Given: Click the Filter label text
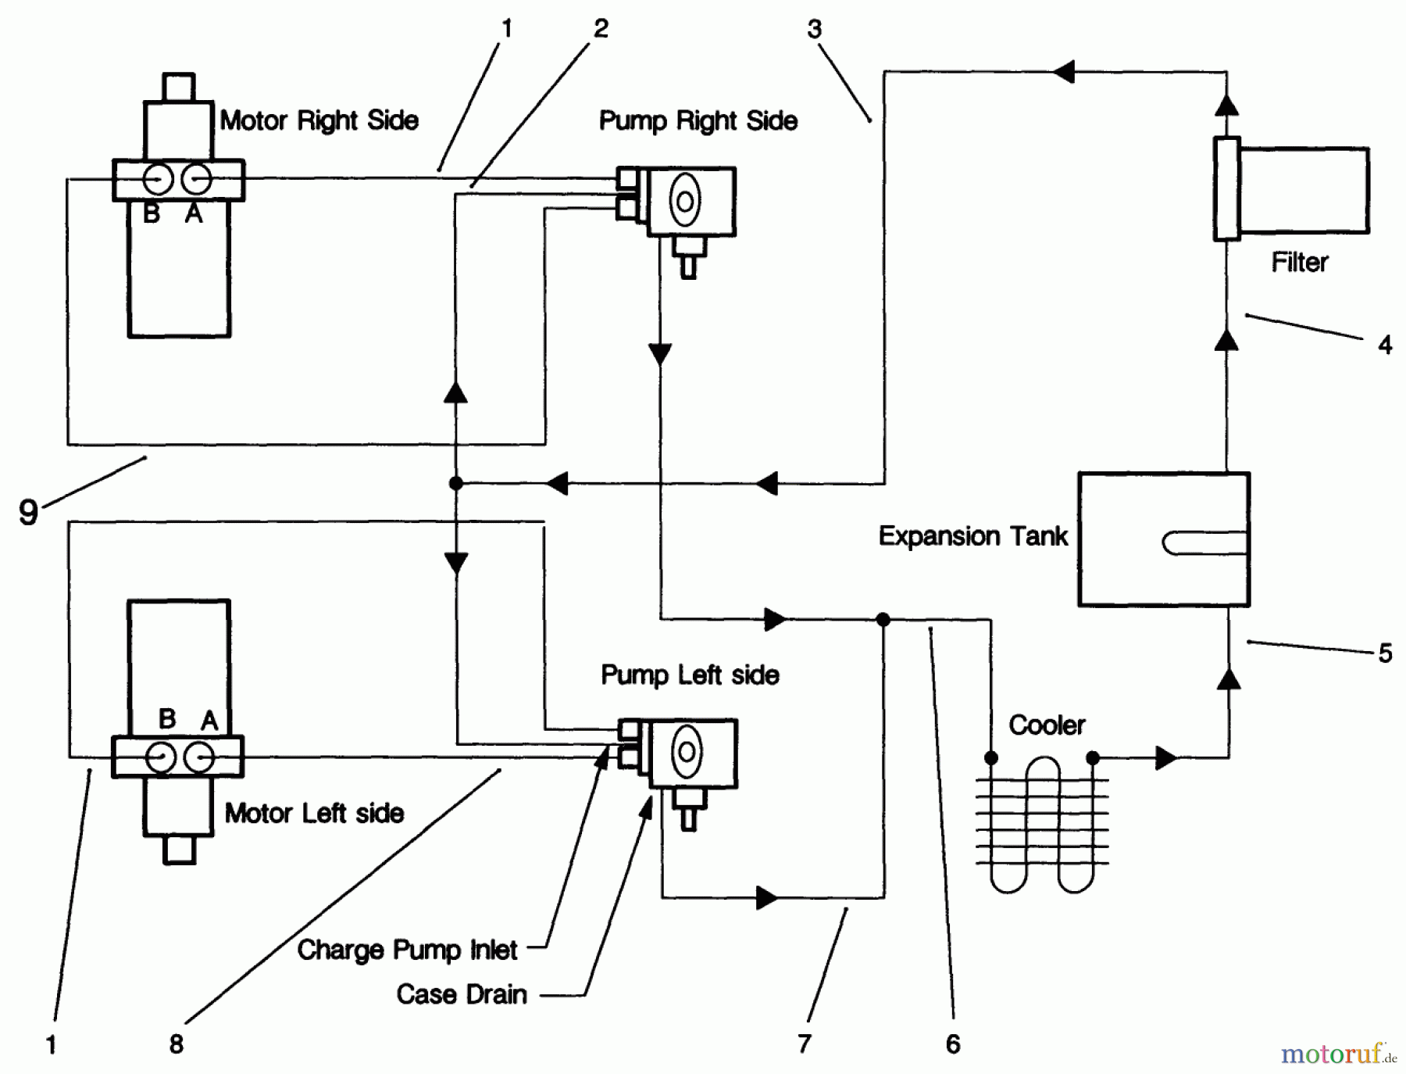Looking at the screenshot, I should tap(1299, 262).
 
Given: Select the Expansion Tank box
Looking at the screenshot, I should tap(1163, 539).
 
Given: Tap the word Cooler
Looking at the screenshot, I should tap(1046, 725).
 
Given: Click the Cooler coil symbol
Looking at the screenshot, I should tap(1041, 821).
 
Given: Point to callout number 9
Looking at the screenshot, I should tap(28, 513).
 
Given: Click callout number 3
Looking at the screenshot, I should tap(814, 30).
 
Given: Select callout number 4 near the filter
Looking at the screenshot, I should tap(1384, 345).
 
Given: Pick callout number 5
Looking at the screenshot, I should tap(1384, 653).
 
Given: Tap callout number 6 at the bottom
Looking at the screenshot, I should tap(953, 1044).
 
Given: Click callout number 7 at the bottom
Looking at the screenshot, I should tap(805, 1044).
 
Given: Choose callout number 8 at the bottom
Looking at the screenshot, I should tap(177, 1044).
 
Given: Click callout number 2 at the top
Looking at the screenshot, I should tap(600, 29).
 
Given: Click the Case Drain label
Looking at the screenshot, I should tap(461, 994).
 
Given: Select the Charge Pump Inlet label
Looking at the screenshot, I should tap(406, 950).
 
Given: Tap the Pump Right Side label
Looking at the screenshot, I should tap(698, 120).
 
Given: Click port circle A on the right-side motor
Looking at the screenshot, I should tap(195, 180).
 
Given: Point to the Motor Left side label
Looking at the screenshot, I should tap(314, 813).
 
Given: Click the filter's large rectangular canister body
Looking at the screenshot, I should tap(1303, 190).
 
